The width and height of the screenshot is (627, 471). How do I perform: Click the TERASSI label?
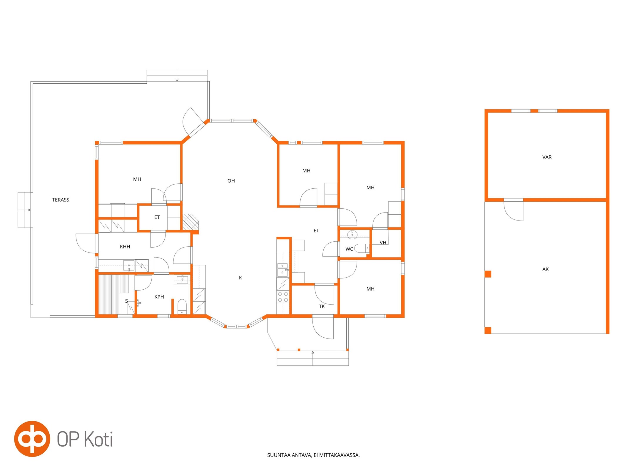click(61, 200)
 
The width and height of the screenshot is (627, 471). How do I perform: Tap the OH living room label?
click(231, 181)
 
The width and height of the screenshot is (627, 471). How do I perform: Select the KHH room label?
click(125, 247)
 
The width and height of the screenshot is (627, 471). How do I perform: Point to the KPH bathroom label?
click(159, 297)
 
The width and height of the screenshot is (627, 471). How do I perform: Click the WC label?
click(349, 249)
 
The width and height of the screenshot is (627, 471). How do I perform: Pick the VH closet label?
click(383, 243)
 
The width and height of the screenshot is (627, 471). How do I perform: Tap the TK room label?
click(322, 306)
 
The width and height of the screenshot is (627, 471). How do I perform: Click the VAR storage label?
click(547, 157)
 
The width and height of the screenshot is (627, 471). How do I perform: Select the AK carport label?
click(545, 269)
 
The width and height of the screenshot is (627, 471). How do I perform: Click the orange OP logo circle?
click(32, 439)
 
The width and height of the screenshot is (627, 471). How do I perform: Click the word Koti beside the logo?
click(98, 439)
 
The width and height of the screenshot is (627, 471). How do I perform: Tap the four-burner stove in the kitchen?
click(283, 297)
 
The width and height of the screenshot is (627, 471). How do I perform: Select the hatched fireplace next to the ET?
click(190, 222)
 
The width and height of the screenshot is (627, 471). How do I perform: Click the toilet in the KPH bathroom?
click(182, 307)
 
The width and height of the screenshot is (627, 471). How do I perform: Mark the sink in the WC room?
click(352, 235)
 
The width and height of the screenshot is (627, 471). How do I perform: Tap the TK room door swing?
click(324, 294)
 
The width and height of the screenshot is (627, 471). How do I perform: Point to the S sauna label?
click(126, 301)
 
